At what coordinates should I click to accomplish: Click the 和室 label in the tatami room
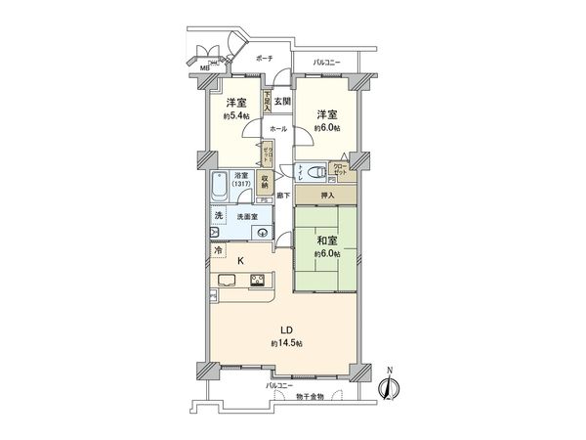tap(326, 239)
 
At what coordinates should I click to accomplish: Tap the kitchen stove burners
tap(260, 282)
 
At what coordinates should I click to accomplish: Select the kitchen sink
tap(223, 282)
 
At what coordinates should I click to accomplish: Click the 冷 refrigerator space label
tap(218, 250)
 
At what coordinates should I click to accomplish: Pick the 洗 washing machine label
tap(219, 214)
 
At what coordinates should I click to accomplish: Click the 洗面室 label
tap(247, 216)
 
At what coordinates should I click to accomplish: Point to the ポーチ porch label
tap(263, 60)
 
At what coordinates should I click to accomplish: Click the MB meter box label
tap(205, 67)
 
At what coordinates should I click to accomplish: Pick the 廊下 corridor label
tap(281, 198)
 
